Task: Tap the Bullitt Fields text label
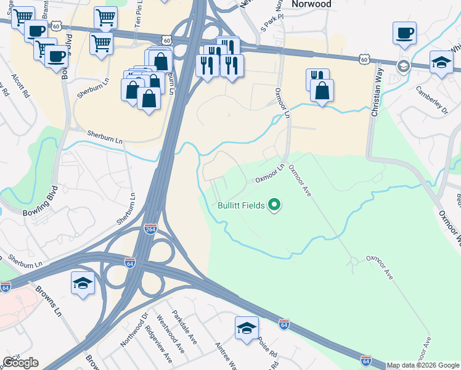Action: pyautogui.click(x=241, y=205)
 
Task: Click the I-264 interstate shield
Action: pyautogui.click(x=150, y=229)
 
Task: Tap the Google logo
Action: pyautogui.click(x=20, y=363)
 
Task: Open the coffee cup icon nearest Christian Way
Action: pyautogui.click(x=404, y=33)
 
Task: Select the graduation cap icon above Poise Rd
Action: pyautogui.click(x=247, y=328)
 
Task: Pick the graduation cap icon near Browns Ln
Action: pyautogui.click(x=83, y=283)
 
